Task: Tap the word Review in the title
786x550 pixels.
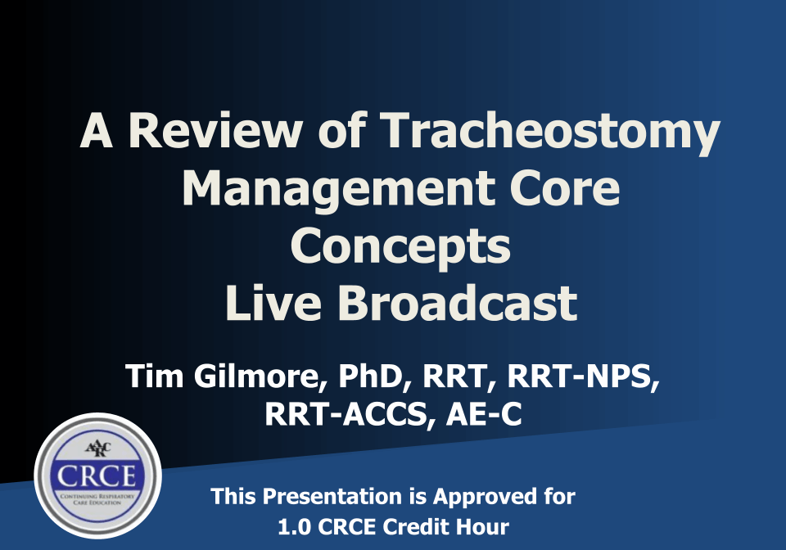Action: coord(215,130)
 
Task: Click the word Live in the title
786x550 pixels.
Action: coord(273,303)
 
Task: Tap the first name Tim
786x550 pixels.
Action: coord(155,376)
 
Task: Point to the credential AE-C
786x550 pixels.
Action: coord(484,415)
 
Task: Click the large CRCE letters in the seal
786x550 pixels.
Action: coord(97,476)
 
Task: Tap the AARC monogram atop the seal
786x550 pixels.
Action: coord(97,449)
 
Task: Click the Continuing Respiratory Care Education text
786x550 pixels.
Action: coord(97,499)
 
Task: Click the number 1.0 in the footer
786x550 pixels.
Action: coord(294,527)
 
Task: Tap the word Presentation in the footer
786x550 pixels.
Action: coord(332,497)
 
